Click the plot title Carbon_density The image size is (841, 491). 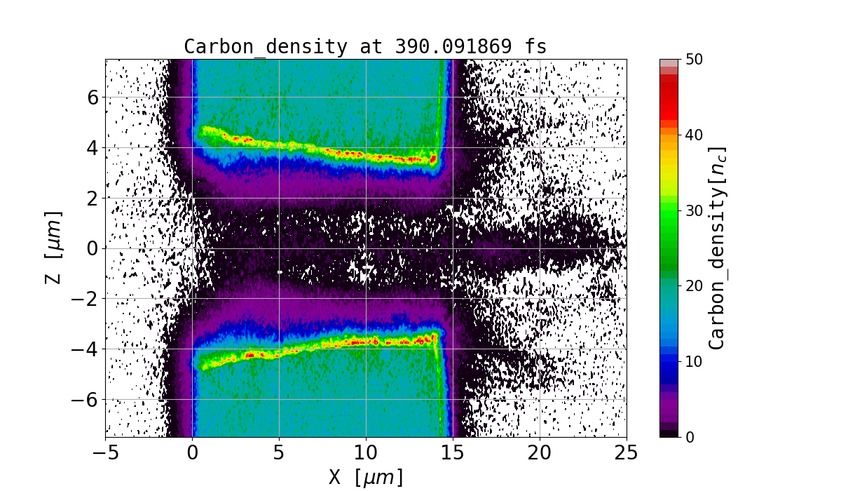tap(266, 47)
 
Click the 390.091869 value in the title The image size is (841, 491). tap(449, 47)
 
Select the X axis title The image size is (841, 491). tap(366, 477)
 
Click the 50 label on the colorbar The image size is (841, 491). tap(695, 60)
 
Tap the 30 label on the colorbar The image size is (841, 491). tap(695, 210)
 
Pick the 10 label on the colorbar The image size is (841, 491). tap(695, 361)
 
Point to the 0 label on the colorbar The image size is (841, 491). tap(690, 437)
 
